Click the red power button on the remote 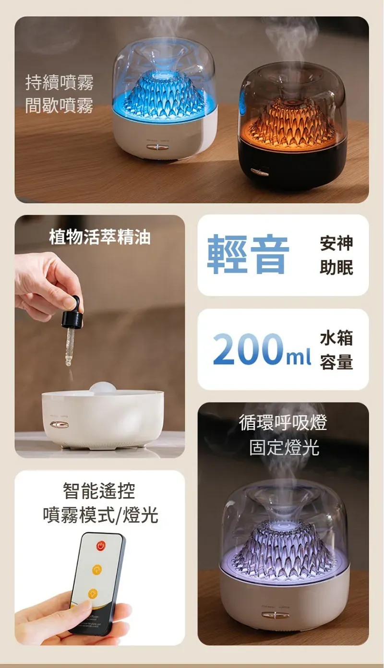(101, 546)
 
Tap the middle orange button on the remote (97, 569)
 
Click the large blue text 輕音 (248, 254)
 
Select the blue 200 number (248, 349)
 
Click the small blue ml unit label (299, 357)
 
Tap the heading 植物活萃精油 (100, 237)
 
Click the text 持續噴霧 (60, 83)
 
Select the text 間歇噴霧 (60, 106)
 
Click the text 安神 (336, 243)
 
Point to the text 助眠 (336, 267)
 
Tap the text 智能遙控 (99, 490)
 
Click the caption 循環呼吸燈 (283, 422)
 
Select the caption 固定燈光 (284, 447)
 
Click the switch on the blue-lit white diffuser (157, 147)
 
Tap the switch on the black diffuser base (260, 172)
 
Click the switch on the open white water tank (59, 424)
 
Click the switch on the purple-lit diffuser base (276, 615)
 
